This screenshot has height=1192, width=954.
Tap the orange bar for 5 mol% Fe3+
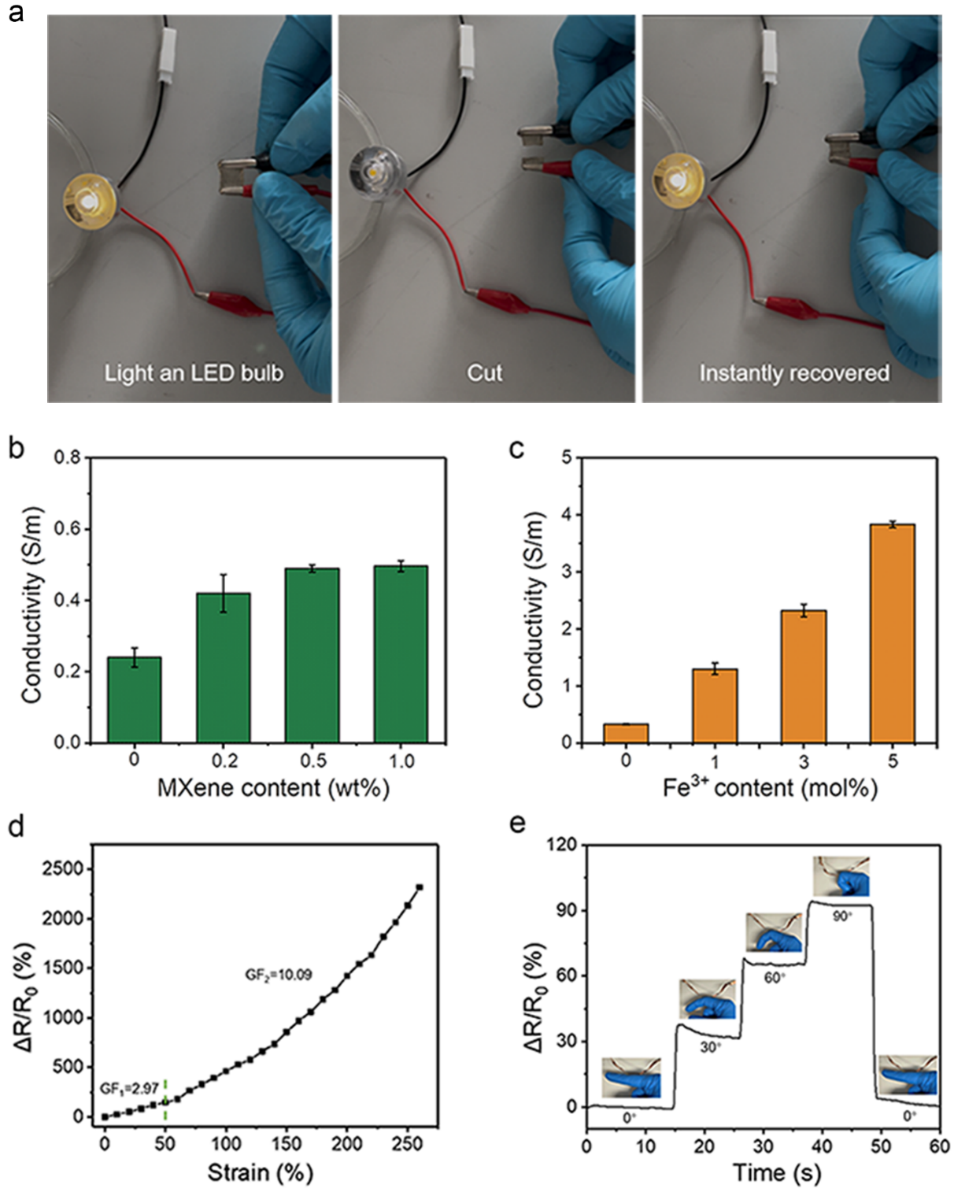coord(893,633)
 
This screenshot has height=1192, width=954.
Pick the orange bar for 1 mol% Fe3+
coord(715,705)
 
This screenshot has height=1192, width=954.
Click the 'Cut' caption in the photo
coord(485,372)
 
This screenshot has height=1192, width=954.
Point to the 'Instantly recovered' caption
coord(794,372)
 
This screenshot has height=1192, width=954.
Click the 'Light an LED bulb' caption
coord(194,372)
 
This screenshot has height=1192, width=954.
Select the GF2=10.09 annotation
coord(279,975)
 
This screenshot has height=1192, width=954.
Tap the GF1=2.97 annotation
coord(129,1089)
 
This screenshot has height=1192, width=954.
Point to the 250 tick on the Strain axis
coord(408,1143)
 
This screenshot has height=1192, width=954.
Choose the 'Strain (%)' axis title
coord(261,1172)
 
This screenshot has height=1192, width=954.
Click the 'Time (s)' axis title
coord(777,1172)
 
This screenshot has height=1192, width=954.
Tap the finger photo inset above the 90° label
coord(841,876)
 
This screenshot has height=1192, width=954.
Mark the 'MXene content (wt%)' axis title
coord(273,787)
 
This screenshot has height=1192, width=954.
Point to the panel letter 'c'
coord(516,449)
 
